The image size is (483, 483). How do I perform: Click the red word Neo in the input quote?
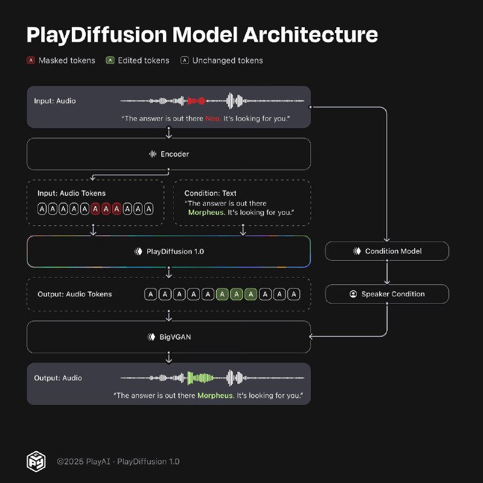[x=213, y=118]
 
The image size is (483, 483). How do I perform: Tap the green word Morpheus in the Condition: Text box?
[x=206, y=213]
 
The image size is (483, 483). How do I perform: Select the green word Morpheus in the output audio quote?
[x=216, y=395]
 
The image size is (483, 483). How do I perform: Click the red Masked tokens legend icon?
[x=31, y=60]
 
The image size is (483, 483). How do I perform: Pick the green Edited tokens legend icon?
[x=110, y=60]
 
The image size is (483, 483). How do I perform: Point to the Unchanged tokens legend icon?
[x=185, y=60]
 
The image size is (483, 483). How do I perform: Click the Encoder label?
[x=174, y=154]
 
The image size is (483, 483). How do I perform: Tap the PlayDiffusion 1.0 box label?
[x=175, y=252]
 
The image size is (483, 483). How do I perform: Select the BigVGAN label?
[x=175, y=337]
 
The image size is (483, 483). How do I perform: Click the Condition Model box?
[x=387, y=251]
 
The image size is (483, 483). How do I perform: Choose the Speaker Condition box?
[x=387, y=294]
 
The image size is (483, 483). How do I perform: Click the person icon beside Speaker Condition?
[x=353, y=294]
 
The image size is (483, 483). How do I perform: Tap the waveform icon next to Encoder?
[x=153, y=154]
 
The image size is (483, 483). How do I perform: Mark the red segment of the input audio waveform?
[x=196, y=101]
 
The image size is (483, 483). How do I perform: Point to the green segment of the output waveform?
[x=200, y=378]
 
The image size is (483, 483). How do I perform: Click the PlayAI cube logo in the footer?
[x=36, y=461]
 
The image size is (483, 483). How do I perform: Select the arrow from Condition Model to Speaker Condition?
[x=387, y=272]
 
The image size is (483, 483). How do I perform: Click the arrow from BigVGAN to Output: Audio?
[x=168, y=358]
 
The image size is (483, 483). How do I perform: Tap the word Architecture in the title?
[x=310, y=34]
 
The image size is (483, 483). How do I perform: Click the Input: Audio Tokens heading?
[x=71, y=193]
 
